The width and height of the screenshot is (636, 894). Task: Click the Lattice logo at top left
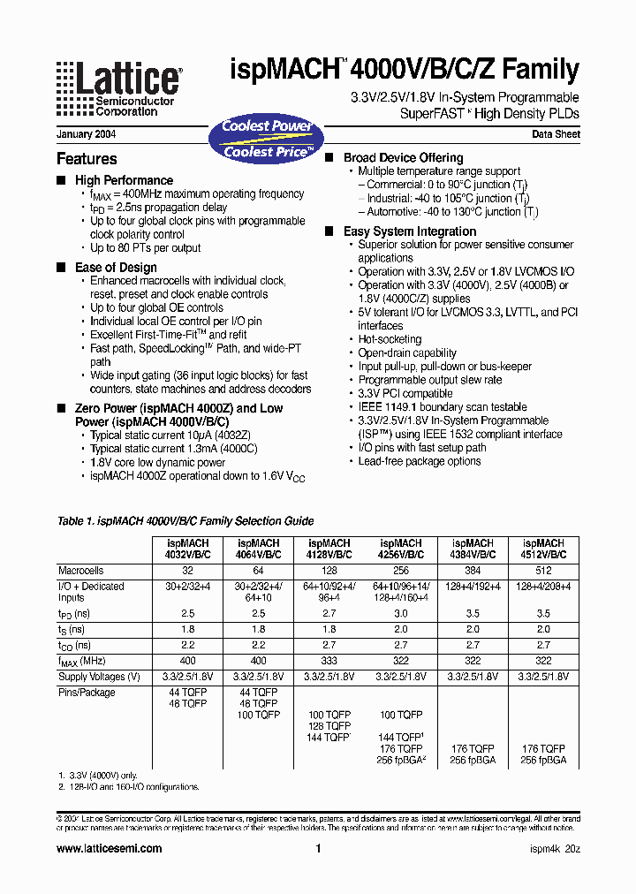(x=118, y=88)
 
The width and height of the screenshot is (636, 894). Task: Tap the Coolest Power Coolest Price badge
(x=266, y=139)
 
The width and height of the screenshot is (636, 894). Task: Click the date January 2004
(x=86, y=135)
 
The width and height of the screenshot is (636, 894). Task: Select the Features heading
(x=87, y=159)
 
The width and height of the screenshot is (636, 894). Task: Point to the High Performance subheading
(x=124, y=180)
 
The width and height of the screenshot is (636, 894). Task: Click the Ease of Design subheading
(x=116, y=268)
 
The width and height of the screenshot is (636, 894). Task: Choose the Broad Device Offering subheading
(x=403, y=158)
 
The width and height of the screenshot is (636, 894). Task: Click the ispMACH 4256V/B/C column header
(x=401, y=549)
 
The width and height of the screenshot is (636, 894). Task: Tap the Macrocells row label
(x=81, y=571)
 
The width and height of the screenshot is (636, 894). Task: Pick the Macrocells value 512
(x=543, y=571)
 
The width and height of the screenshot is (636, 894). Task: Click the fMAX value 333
(x=329, y=661)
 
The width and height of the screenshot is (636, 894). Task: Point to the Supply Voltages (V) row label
(x=99, y=677)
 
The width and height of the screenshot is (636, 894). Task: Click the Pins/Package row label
(x=87, y=693)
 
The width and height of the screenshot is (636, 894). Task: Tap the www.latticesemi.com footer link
(x=109, y=848)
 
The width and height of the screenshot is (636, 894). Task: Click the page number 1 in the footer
(x=317, y=848)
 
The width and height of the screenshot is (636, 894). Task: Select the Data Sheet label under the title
(x=556, y=135)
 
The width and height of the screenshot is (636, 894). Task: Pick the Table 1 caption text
(x=185, y=521)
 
